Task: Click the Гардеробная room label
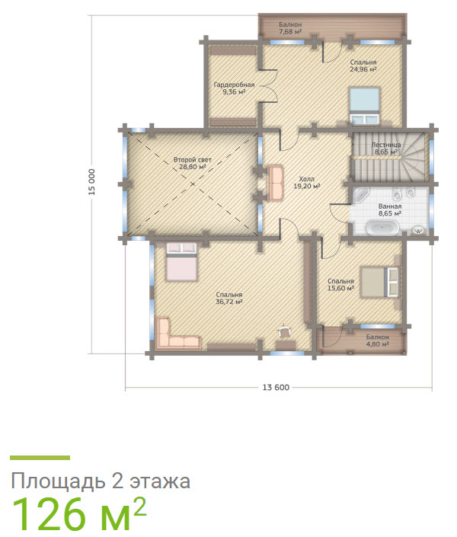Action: pyautogui.click(x=234, y=85)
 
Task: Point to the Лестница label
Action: pyautogui.click(x=386, y=144)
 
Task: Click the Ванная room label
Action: pyautogui.click(x=390, y=206)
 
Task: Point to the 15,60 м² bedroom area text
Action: pyautogui.click(x=341, y=288)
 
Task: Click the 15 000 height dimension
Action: pyautogui.click(x=91, y=183)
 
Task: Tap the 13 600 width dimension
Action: pyautogui.click(x=275, y=388)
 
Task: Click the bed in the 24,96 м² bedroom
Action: pyautogui.click(x=363, y=104)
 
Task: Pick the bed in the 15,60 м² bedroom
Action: pyautogui.click(x=379, y=282)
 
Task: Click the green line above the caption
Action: pyautogui.click(x=40, y=458)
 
